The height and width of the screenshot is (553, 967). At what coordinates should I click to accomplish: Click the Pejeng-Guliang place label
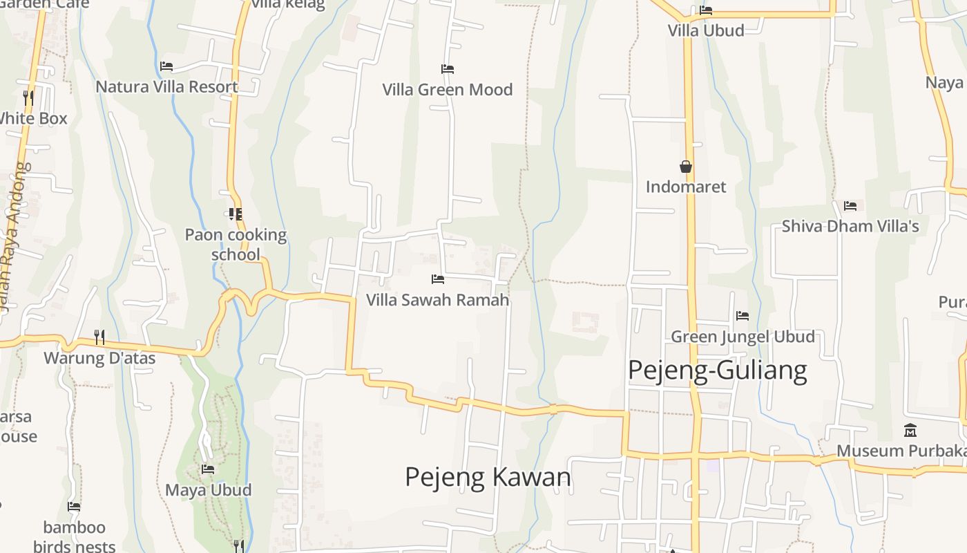click(717, 371)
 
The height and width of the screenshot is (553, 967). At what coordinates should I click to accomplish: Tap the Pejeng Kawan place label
click(488, 477)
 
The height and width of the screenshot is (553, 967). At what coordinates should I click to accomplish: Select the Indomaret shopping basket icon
click(686, 167)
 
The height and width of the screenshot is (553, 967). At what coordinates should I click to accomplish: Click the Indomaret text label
click(686, 187)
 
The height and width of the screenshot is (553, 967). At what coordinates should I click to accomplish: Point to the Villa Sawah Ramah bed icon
click(437, 279)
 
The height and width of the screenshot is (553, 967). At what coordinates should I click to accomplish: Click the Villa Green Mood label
click(448, 89)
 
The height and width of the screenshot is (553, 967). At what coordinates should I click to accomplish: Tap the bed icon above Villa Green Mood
click(448, 69)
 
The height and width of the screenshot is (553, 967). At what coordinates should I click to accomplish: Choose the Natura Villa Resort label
click(166, 86)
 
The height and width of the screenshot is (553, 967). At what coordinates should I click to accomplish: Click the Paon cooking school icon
click(235, 214)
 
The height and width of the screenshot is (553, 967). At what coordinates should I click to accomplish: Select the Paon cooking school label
click(236, 245)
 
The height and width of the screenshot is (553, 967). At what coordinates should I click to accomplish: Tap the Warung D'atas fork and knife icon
click(99, 337)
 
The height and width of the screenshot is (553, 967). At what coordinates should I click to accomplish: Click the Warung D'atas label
click(99, 358)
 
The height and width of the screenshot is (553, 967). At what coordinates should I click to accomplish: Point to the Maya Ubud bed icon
click(208, 469)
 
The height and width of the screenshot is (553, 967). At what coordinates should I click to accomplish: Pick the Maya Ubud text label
click(208, 490)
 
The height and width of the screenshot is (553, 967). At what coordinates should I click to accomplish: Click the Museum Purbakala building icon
click(910, 430)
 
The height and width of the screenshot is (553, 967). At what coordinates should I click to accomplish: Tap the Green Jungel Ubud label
click(743, 337)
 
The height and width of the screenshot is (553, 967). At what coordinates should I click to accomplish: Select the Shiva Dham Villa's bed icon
click(850, 206)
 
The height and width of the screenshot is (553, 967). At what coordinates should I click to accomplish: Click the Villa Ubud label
click(706, 30)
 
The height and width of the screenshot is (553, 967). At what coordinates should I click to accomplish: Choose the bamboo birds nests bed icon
click(74, 507)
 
